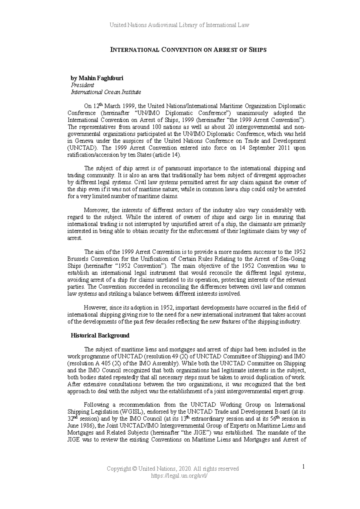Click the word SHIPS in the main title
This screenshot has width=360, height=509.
257,50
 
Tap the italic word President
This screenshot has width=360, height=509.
82,85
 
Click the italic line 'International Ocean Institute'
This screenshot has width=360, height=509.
106,92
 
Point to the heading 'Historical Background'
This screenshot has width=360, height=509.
100,335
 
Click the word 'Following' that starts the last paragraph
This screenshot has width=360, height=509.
96,405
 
